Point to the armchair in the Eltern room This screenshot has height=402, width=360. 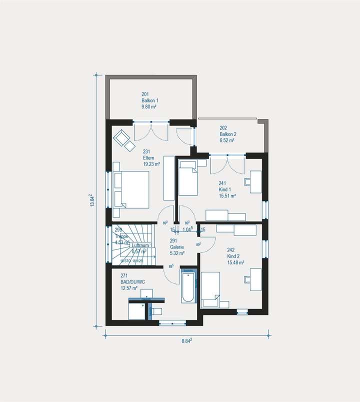coord(121,136)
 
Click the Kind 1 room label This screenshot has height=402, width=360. coord(225,189)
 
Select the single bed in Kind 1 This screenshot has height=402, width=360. coord(188,178)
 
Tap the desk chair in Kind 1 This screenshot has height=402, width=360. coord(248,182)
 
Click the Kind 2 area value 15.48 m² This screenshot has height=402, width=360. coord(235,262)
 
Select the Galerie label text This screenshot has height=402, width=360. coord(176,247)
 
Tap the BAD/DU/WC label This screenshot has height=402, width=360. coord(133,282)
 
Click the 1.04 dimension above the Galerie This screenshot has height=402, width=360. coord(187,229)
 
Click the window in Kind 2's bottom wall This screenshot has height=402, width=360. coord(242,312)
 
